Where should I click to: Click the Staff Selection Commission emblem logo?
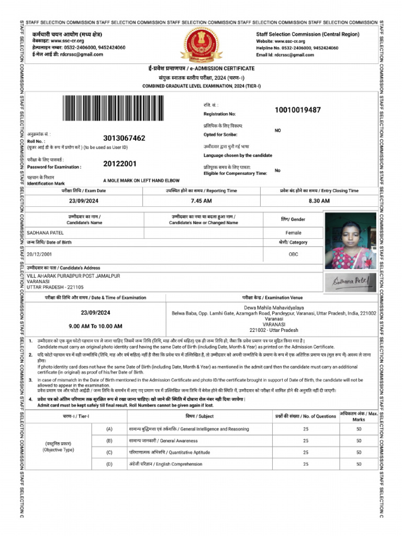pos(201,44)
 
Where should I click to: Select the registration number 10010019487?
pos(297,110)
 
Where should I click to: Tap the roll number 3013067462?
pos(124,138)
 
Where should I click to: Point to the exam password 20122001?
pos(120,163)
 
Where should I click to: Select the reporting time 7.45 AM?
pos(201,201)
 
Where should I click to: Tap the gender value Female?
pos(293,232)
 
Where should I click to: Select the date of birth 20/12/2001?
pos(40,254)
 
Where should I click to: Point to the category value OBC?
pos(293,254)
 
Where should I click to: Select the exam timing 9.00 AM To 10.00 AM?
pos(95,326)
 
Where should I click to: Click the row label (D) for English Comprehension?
pos(109,464)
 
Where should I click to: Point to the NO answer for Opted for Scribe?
pos(277,130)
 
